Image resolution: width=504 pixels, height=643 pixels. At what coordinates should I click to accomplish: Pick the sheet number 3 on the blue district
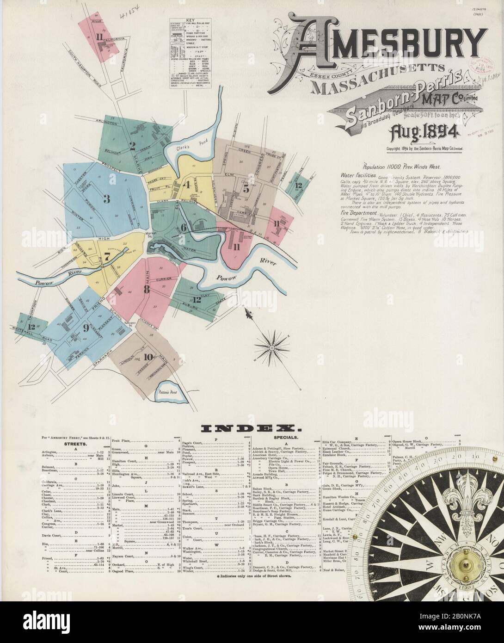106,199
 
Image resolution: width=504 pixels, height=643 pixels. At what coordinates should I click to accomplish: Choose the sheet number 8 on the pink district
146,290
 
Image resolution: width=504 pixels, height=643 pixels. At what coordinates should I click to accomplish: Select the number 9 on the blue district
86,328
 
